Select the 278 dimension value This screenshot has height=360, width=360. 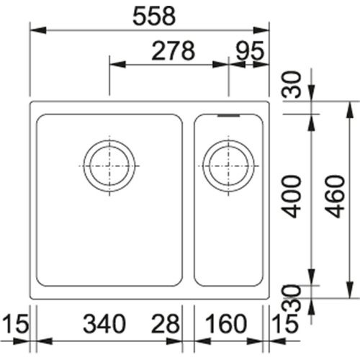pos(174,51)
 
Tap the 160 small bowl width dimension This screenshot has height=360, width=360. pos(226,323)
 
